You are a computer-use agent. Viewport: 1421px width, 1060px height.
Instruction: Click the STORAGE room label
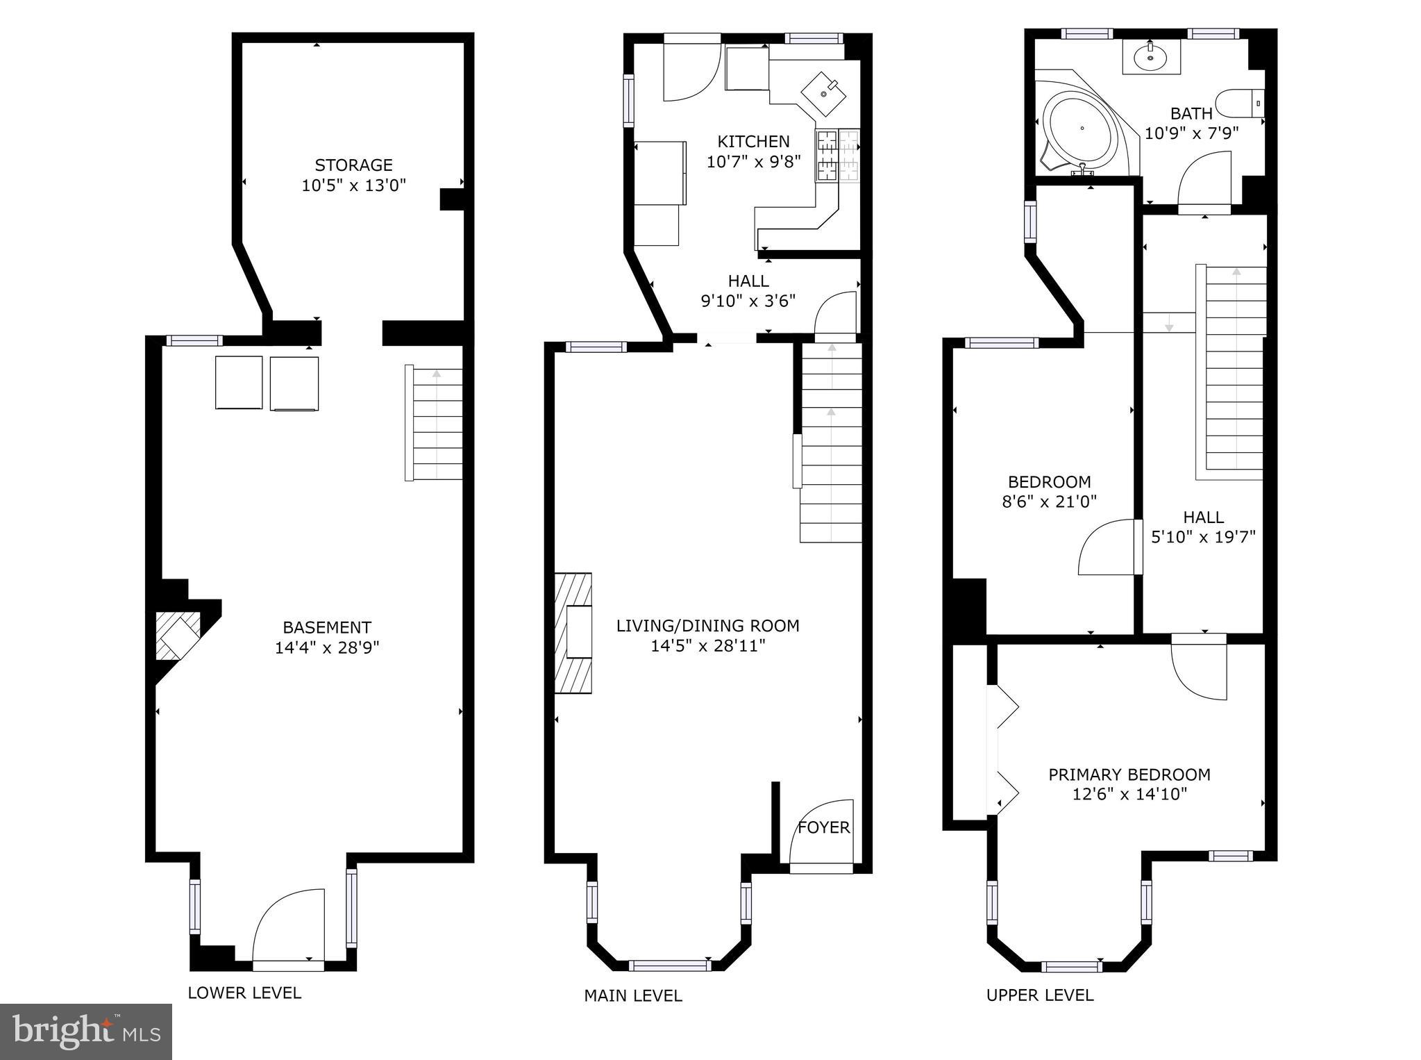(353, 165)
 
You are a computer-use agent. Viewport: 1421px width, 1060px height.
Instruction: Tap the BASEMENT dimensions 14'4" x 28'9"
(327, 648)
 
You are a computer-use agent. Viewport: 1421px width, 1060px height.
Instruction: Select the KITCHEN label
(753, 142)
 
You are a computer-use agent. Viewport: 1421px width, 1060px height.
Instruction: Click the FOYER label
(823, 827)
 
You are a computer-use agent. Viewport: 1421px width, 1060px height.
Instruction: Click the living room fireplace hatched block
(573, 633)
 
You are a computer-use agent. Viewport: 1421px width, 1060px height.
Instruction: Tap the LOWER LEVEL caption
(244, 993)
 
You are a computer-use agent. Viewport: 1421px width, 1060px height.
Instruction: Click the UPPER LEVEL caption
(1039, 995)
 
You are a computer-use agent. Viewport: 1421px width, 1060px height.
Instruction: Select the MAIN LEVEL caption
(632, 996)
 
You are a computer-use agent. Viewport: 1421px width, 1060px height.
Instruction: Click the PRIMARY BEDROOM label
(1129, 775)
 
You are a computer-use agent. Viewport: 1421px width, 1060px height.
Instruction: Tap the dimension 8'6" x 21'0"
(1049, 502)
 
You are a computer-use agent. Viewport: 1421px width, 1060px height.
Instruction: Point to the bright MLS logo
(85, 1032)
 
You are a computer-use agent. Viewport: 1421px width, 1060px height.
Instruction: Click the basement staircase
(435, 423)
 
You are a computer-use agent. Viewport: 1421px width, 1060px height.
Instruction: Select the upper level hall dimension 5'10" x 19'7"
(1203, 537)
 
